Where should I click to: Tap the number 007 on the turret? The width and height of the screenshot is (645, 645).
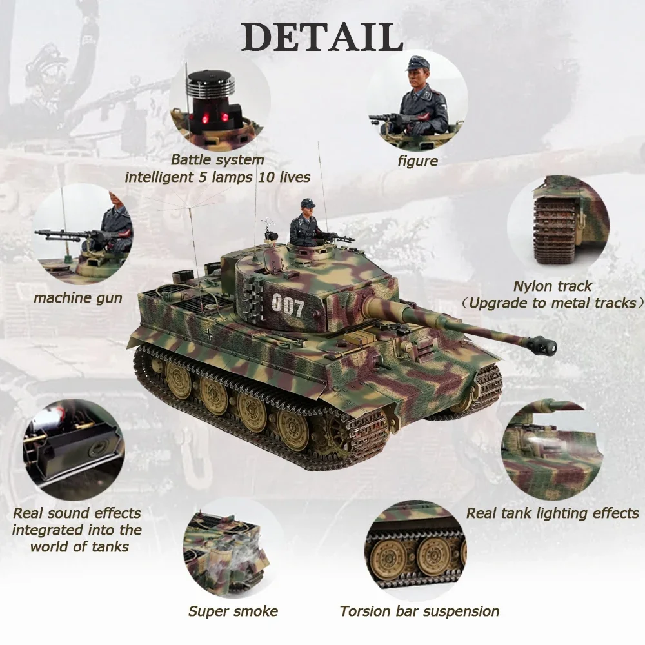(288, 306)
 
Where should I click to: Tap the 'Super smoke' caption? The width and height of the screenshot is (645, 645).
(233, 611)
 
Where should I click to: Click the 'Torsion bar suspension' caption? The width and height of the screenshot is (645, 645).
(419, 611)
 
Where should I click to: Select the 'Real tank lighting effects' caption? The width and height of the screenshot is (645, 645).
(552, 513)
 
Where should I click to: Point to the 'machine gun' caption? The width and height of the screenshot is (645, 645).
(78, 298)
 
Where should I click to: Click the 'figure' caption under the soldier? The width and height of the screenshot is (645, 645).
(417, 161)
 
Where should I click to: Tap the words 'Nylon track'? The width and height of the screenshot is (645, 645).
(552, 286)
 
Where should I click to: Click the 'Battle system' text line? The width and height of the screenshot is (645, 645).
(217, 160)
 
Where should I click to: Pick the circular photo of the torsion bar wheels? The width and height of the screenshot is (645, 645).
(415, 548)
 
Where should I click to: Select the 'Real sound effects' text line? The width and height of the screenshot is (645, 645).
(77, 513)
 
